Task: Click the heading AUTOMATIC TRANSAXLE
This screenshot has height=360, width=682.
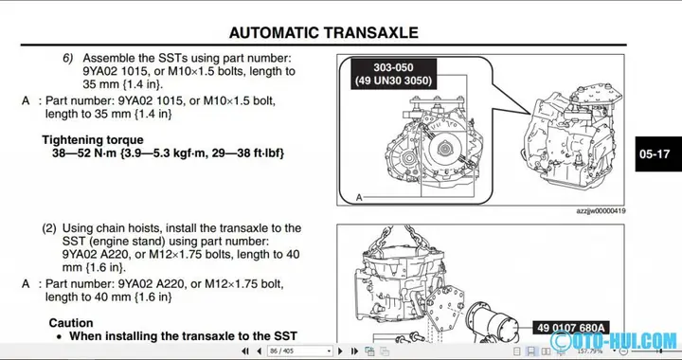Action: click(x=323, y=32)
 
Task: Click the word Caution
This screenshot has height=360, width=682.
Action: click(x=71, y=323)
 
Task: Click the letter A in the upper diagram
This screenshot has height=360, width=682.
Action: click(x=359, y=196)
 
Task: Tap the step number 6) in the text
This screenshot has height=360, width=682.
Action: click(x=68, y=58)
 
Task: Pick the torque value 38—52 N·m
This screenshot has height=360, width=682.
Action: click(x=83, y=153)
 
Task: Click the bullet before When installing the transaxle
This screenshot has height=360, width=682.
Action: click(x=59, y=336)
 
